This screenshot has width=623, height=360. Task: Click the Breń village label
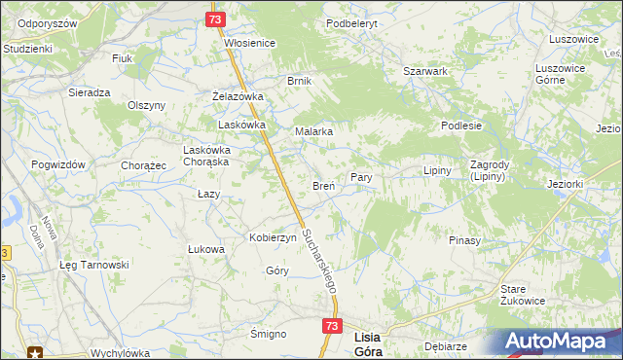(x=323, y=185)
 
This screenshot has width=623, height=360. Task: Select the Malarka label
(x=314, y=131)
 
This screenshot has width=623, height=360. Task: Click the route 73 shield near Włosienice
(x=216, y=19)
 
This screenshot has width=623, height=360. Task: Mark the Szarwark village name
(x=425, y=71)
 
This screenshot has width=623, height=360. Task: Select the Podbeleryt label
(x=351, y=21)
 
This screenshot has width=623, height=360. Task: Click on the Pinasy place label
(x=463, y=239)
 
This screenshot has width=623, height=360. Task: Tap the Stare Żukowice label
(x=526, y=295)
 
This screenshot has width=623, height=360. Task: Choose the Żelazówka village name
(x=238, y=97)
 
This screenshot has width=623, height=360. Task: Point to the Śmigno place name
(x=268, y=334)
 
